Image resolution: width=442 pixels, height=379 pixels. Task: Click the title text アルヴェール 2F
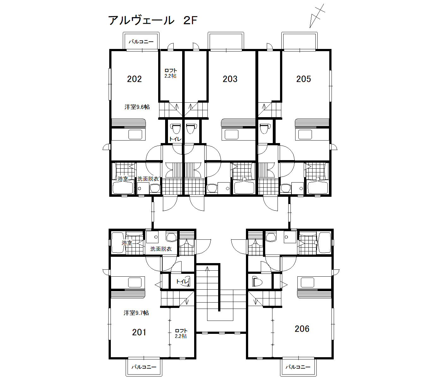153,21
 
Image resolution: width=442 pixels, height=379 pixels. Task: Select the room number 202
134,79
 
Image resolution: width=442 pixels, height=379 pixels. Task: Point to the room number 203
230,79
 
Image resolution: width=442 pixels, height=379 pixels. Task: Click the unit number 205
303,79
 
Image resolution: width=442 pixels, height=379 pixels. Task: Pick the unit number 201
139,332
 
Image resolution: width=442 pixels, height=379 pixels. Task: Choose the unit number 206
302,329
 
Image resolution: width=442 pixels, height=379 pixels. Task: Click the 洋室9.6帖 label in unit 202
137,107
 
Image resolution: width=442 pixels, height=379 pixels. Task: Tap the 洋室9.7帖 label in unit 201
136,313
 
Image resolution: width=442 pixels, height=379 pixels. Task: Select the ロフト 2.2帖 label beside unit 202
170,73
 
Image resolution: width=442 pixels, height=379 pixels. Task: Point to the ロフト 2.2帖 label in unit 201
181,334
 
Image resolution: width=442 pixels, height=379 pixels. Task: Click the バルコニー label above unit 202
141,41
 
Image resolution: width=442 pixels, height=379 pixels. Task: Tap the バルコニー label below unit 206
298,367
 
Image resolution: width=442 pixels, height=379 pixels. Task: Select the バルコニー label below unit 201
144,367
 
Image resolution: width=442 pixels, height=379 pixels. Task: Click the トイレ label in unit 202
175,139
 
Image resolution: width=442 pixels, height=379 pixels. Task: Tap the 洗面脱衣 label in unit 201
161,249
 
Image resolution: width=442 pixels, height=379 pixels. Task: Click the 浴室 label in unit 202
123,179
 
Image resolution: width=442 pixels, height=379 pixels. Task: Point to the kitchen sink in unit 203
232,135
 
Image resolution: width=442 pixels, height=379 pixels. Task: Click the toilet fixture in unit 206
257,281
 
